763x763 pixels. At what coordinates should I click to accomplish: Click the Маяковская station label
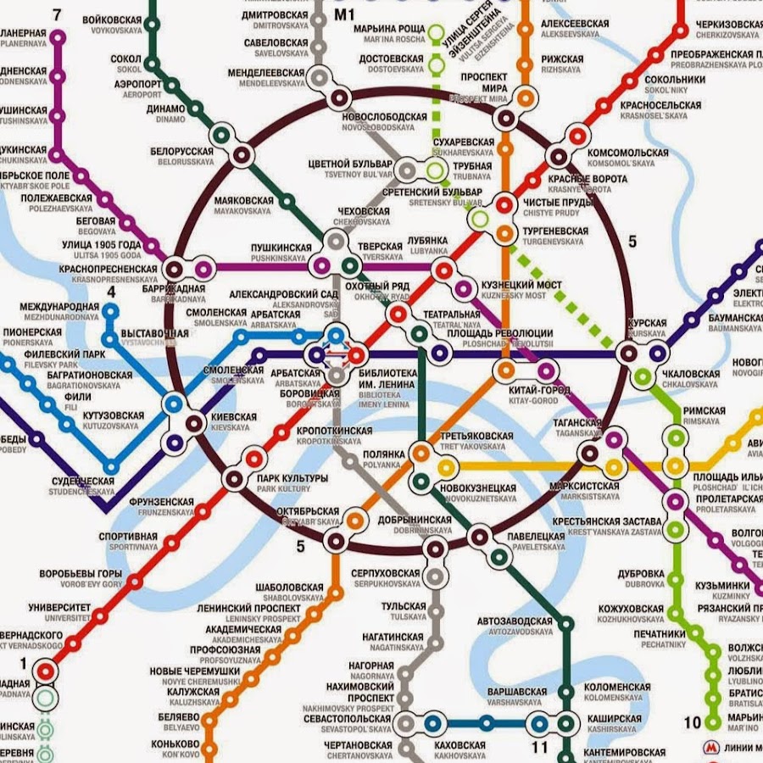pos(243,201)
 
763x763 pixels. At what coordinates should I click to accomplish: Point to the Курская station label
pos(649,323)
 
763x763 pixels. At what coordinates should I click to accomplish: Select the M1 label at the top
pos(343,14)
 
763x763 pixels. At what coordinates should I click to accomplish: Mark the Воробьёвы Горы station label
pos(81,574)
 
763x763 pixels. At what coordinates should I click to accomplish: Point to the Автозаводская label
pos(515,621)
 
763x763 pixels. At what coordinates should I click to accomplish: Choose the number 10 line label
pos(692,723)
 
